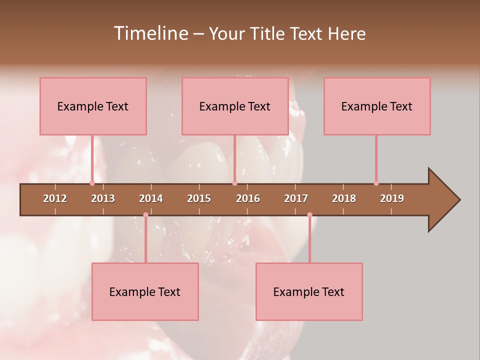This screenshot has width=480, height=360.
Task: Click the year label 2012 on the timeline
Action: click(55, 198)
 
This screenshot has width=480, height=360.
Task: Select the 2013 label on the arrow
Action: click(103, 198)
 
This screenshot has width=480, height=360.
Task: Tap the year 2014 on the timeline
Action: click(151, 198)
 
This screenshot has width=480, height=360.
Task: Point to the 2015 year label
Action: click(199, 198)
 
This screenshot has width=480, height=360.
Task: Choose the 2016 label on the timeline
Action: click(248, 198)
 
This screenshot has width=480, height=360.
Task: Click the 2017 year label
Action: click(296, 198)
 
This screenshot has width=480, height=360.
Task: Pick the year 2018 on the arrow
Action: click(344, 198)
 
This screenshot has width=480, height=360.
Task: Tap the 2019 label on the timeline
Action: click(392, 198)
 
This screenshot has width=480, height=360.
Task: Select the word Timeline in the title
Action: click(150, 33)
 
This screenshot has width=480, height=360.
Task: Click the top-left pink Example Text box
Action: click(93, 106)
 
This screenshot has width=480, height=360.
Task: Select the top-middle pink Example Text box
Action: click(235, 106)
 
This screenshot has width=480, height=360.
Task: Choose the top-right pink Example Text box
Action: click(377, 106)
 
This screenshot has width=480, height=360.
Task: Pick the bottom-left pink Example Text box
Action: click(145, 291)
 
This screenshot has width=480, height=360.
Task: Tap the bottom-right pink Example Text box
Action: click(309, 291)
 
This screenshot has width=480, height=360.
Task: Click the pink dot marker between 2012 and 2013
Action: click(92, 183)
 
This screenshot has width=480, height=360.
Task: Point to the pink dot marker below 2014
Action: click(145, 214)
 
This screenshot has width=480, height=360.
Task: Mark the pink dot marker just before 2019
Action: click(376, 183)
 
